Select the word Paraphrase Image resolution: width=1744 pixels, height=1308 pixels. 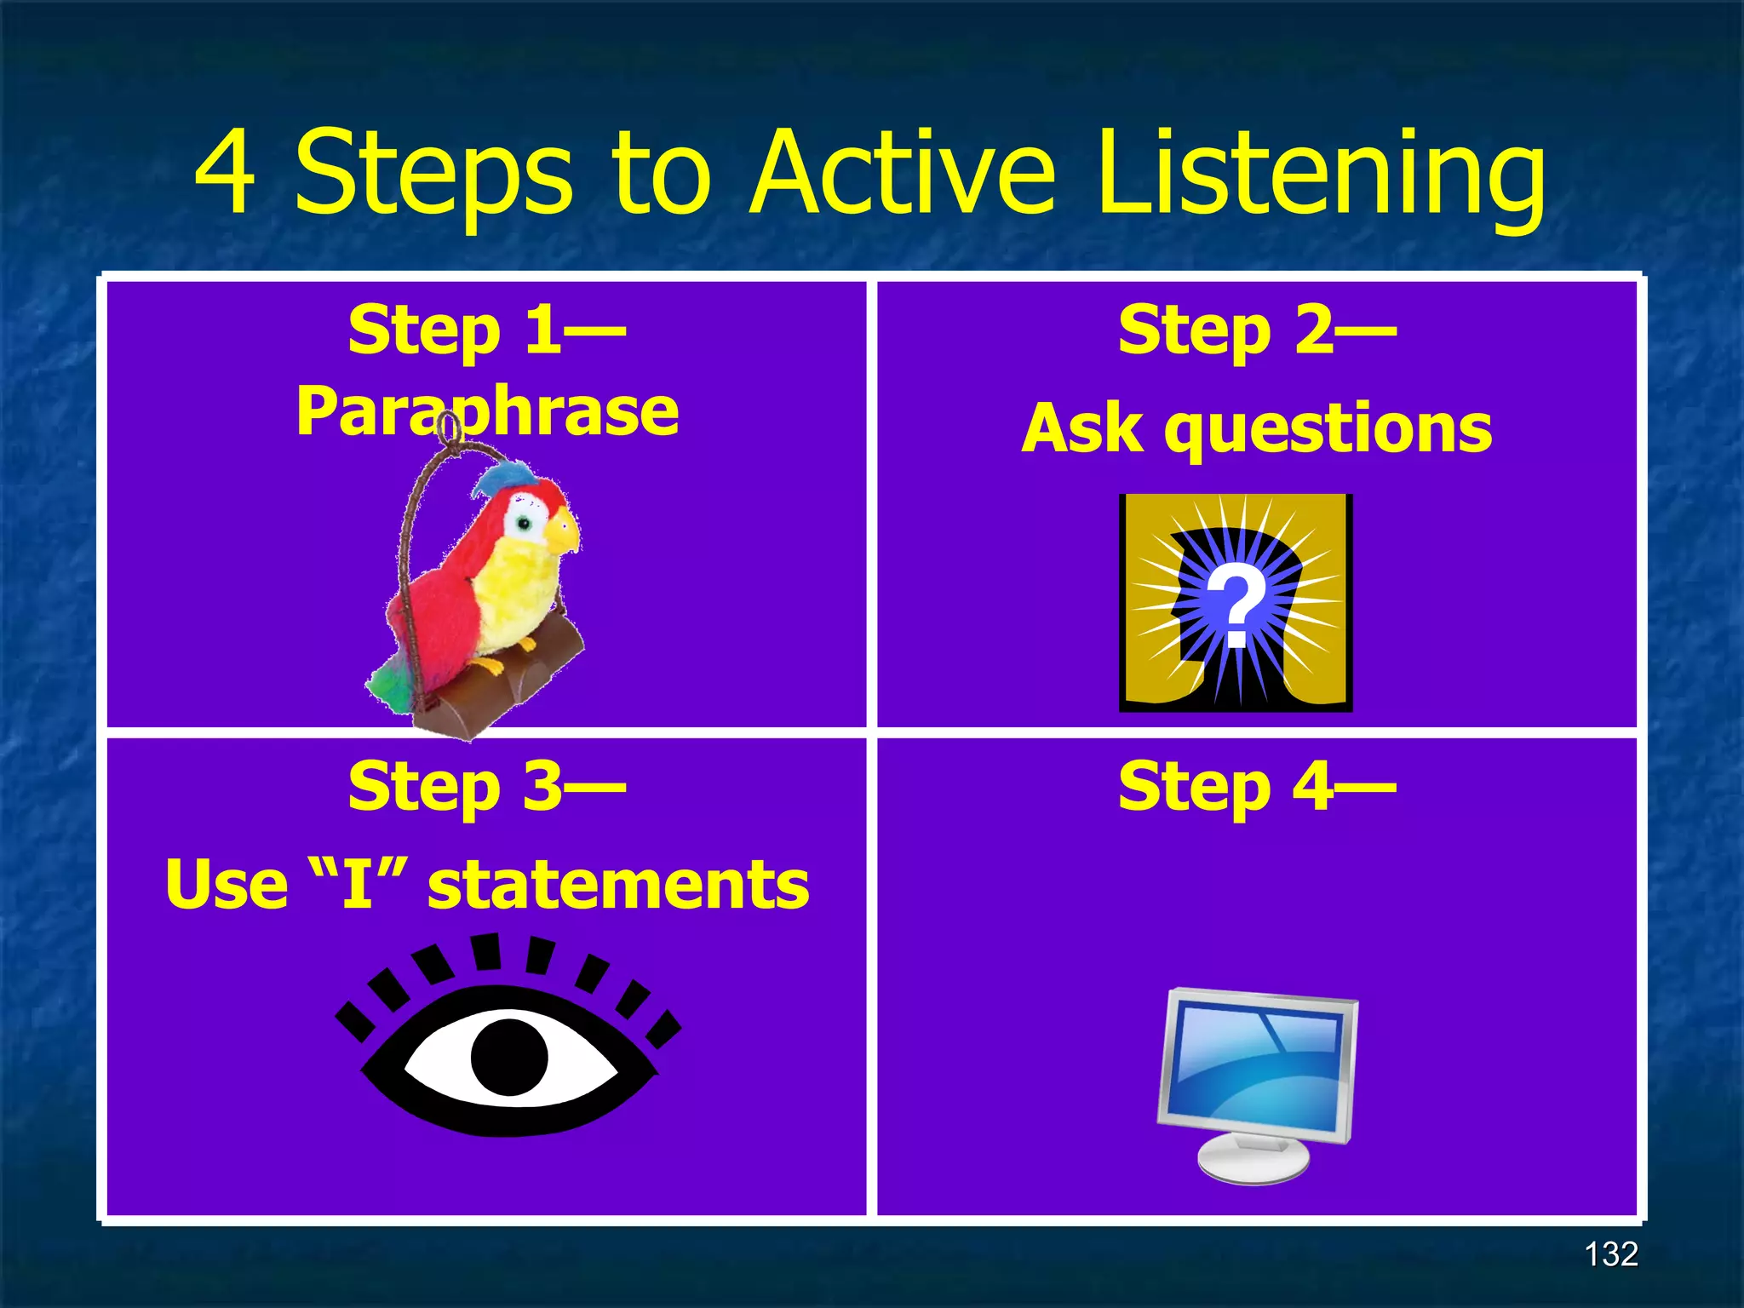click(487, 412)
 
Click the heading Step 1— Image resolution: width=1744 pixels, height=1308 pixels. click(487, 331)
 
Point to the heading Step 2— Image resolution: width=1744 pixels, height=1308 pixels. click(1257, 331)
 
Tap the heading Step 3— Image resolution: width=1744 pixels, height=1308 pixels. click(487, 787)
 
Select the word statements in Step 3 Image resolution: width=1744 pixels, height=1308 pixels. click(618, 885)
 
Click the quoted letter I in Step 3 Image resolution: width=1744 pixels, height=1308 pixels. click(358, 883)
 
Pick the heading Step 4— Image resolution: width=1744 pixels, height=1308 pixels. click(1257, 787)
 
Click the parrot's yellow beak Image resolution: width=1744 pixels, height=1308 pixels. click(564, 531)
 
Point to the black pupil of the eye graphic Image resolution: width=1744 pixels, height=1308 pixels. click(508, 1057)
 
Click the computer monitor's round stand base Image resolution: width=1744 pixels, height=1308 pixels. click(1253, 1159)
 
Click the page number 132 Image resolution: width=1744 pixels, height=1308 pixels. click(1610, 1254)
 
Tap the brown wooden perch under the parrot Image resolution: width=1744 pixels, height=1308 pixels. click(502, 681)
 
